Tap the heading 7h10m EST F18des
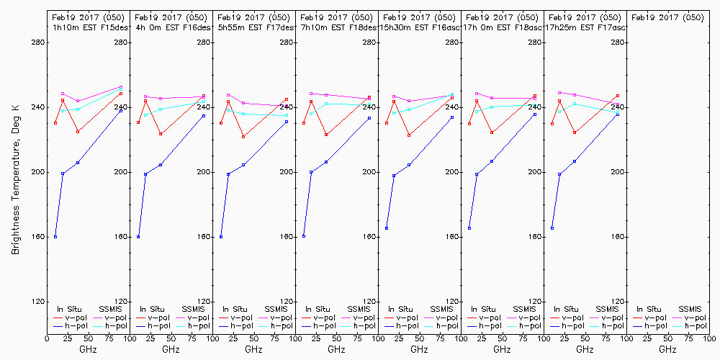pos(338,27)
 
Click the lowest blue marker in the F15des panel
pos(55,237)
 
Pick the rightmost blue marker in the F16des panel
pos(204,116)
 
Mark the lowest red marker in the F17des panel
pos(243,137)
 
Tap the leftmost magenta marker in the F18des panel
pos(311,93)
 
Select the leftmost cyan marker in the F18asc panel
pos(477,112)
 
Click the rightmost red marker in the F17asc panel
pos(618,96)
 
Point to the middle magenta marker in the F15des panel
pos(78,102)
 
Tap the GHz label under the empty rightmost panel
pos(667,349)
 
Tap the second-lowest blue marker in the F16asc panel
pos(394,176)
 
